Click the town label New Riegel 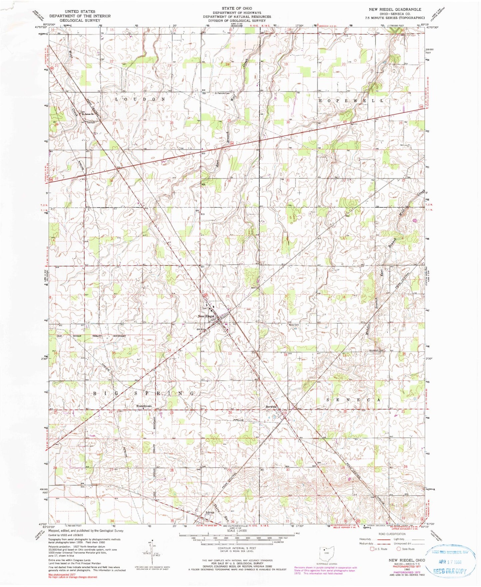(x=206, y=316)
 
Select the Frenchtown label (x=144, y=406)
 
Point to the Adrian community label (x=210, y=512)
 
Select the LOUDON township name (x=140, y=99)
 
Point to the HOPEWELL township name (x=351, y=100)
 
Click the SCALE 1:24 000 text (x=236, y=530)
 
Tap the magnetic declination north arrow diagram (x=153, y=553)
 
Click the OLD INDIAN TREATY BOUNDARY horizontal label (x=92, y=336)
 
